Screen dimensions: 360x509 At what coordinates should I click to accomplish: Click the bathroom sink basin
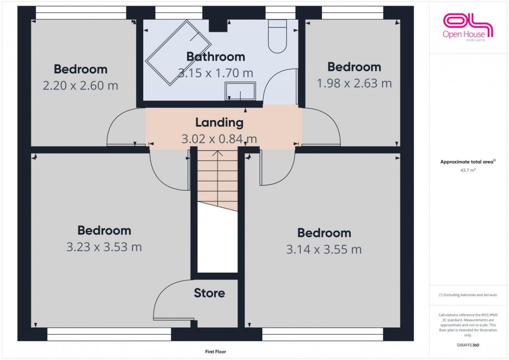(x=240, y=91)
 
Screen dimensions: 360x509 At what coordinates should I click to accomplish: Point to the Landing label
(x=219, y=123)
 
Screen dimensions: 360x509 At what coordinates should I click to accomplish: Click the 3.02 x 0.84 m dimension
(x=219, y=139)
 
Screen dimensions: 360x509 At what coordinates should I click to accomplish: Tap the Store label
(x=209, y=293)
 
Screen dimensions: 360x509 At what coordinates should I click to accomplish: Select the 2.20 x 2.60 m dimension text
(x=81, y=85)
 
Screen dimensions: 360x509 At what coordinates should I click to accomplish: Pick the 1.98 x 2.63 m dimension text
(x=354, y=83)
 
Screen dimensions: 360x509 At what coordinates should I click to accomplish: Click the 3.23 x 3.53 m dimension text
(x=104, y=247)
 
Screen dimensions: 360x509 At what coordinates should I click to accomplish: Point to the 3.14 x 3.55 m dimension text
(x=324, y=250)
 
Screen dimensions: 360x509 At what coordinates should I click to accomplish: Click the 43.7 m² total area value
(x=467, y=169)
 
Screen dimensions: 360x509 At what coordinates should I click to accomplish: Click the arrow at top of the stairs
(x=218, y=154)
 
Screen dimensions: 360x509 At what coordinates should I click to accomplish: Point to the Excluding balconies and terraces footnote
(x=467, y=295)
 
